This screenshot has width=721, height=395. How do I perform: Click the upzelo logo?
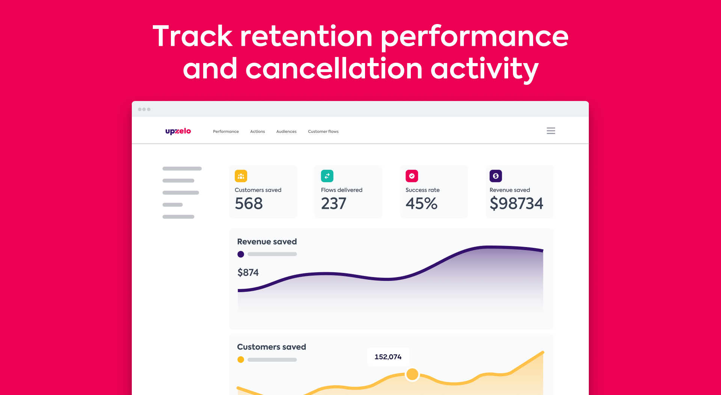(178, 131)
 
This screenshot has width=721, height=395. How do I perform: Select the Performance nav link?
(226, 131)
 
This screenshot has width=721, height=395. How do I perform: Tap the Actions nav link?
(257, 131)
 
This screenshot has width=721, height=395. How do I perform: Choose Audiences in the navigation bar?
(286, 131)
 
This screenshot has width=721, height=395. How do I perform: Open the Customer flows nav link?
(323, 131)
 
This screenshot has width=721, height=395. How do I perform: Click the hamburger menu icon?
(551, 131)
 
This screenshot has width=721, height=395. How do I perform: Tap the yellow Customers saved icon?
(241, 176)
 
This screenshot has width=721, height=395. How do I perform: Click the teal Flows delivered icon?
(327, 176)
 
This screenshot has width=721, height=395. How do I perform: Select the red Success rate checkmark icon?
(412, 176)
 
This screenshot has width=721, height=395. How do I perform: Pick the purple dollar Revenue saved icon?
(496, 176)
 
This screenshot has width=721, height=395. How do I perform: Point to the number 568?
(249, 204)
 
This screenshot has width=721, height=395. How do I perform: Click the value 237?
(333, 204)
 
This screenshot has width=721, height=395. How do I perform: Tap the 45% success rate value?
(421, 204)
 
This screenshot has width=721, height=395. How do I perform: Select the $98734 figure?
(516, 204)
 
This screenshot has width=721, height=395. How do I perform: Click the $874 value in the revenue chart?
(248, 272)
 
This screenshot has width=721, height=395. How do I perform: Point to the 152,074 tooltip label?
(388, 357)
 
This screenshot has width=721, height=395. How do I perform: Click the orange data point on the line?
(412, 374)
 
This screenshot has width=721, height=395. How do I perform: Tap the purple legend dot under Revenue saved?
(241, 254)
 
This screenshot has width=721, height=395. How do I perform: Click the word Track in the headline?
(193, 36)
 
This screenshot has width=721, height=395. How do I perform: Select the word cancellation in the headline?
(334, 69)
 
